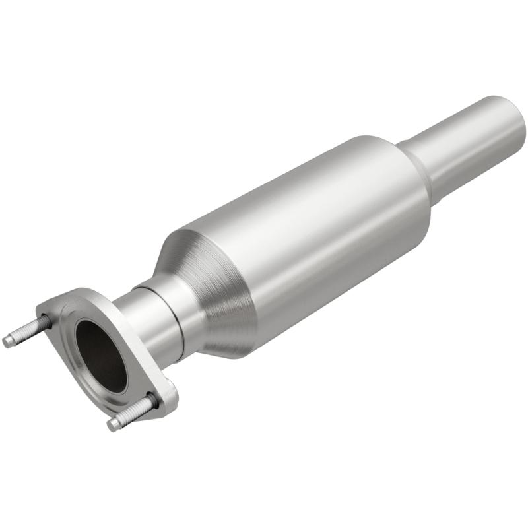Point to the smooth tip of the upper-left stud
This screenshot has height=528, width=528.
[x=9, y=341]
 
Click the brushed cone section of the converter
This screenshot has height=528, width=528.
[x=211, y=290]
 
